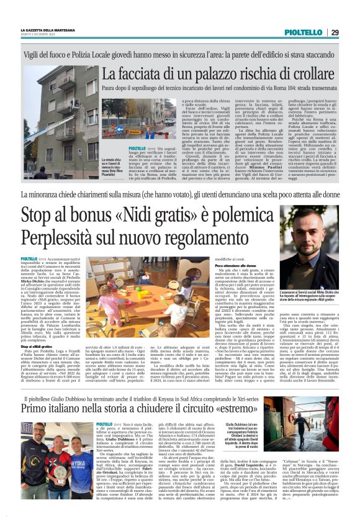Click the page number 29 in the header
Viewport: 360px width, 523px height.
click(335, 32)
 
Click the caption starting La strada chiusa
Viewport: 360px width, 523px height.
click(112, 167)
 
